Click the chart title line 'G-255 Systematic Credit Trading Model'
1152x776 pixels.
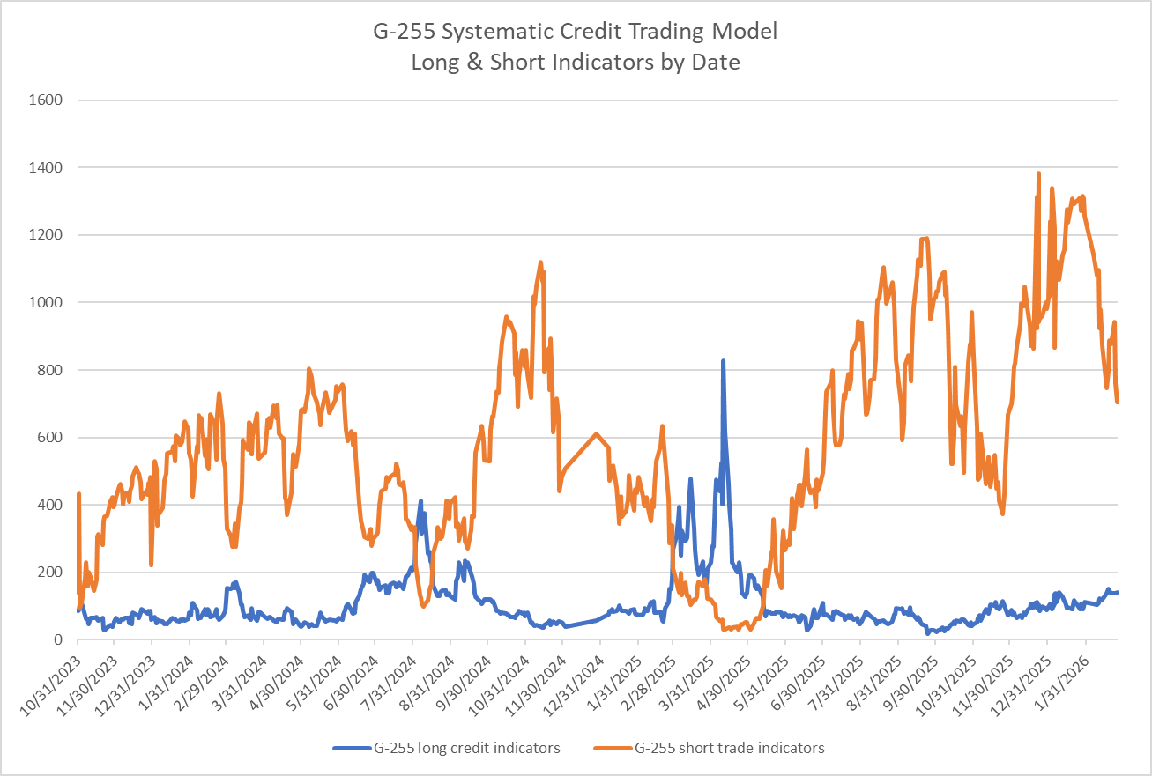(576, 33)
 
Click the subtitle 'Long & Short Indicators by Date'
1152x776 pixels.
(576, 62)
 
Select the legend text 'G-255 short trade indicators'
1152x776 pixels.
(729, 748)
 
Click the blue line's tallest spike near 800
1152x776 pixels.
(723, 361)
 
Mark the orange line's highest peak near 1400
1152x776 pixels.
(1038, 174)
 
